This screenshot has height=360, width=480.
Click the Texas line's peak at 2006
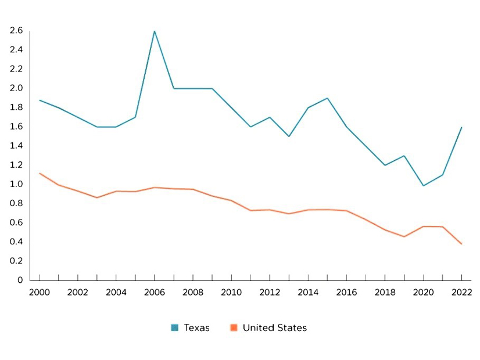[155, 31]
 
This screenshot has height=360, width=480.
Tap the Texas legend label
[196, 328]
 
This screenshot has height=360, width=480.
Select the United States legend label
[274, 328]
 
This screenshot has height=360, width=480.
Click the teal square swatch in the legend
[175, 328]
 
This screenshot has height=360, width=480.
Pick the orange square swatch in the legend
[234, 328]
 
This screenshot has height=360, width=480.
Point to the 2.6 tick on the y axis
[16, 30]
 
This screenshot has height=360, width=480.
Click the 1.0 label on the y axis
[16, 184]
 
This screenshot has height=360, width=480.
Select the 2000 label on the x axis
[39, 291]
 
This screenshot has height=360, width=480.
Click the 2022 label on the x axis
[461, 291]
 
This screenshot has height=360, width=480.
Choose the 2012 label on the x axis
[270, 291]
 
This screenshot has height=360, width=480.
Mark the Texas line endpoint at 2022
[461, 127]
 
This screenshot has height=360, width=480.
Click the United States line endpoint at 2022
[461, 244]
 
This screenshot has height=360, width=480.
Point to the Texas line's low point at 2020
[423, 186]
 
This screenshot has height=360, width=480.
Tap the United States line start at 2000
[40, 173]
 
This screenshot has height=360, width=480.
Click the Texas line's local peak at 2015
[327, 98]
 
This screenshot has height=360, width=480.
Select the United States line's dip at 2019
[404, 236]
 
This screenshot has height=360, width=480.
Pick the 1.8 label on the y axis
[16, 107]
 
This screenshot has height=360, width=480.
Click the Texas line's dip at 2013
[289, 136]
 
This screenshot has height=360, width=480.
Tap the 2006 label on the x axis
[155, 291]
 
